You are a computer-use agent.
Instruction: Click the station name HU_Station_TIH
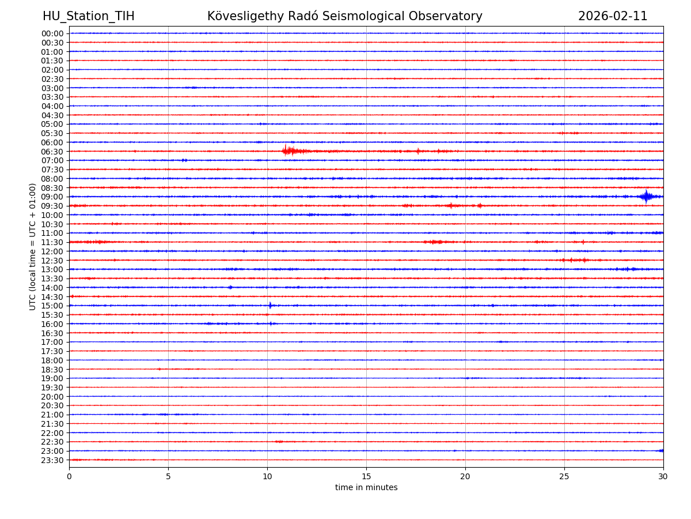pyautogui.click(x=88, y=16)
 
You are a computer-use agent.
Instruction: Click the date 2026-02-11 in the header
pyautogui.click(x=613, y=16)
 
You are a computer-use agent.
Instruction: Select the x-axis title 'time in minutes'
pyautogui.click(x=366, y=488)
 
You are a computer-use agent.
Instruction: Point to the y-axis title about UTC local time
pyautogui.click(x=33, y=246)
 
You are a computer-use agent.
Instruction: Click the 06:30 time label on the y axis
pyautogui.click(x=52, y=152)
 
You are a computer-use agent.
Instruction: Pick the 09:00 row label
pyautogui.click(x=52, y=197)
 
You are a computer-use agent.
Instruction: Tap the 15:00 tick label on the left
pyautogui.click(x=52, y=306)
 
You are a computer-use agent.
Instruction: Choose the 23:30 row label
pyautogui.click(x=52, y=460)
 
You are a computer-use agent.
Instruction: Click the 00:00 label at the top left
pyautogui.click(x=52, y=33)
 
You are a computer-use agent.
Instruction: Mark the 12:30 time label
pyautogui.click(x=52, y=261)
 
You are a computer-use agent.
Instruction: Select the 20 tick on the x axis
pyautogui.click(x=465, y=476)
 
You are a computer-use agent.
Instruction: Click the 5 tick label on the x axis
pyautogui.click(x=168, y=476)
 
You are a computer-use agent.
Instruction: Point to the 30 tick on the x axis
pyautogui.click(x=663, y=476)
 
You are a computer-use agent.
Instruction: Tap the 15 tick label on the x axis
pyautogui.click(x=366, y=476)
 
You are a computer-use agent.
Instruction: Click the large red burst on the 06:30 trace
pyautogui.click(x=287, y=151)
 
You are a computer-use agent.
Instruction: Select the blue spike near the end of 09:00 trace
pyautogui.click(x=646, y=197)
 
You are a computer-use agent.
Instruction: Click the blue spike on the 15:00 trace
pyautogui.click(x=270, y=306)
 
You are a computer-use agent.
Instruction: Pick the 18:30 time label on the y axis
pyautogui.click(x=52, y=369)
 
